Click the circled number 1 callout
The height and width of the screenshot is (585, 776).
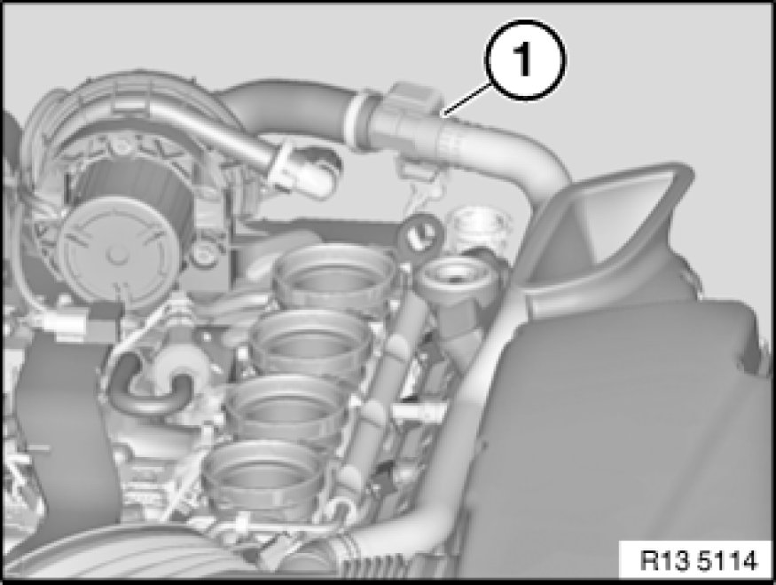click(x=525, y=60)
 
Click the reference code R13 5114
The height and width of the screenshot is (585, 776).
click(x=698, y=561)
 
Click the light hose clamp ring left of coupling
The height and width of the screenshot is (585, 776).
click(x=357, y=118)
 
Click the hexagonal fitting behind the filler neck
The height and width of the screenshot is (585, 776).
click(x=478, y=229)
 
